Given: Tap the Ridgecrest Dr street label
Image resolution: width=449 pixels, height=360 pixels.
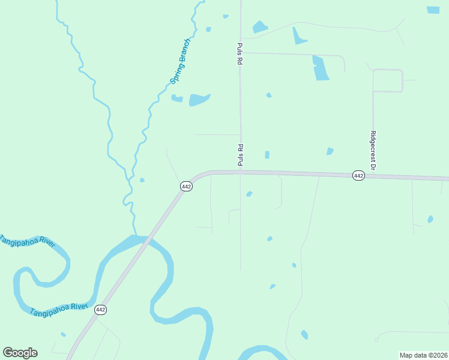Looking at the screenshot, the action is (x=373, y=150).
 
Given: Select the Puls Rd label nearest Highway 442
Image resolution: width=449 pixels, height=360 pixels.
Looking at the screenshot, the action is (x=240, y=155).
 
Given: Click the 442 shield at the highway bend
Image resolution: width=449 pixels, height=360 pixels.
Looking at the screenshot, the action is (x=186, y=187).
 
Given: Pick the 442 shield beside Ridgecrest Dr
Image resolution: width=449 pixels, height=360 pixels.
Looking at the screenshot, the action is (x=358, y=175).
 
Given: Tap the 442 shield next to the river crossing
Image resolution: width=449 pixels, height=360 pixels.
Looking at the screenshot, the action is (x=100, y=310).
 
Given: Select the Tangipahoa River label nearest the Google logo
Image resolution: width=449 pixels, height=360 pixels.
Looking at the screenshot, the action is (x=59, y=310).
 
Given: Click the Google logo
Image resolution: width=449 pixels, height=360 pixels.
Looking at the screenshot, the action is (x=20, y=353).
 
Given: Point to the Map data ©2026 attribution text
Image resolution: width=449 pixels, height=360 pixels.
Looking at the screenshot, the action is (x=423, y=355).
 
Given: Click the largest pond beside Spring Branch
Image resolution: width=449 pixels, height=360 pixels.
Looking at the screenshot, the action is (x=199, y=100).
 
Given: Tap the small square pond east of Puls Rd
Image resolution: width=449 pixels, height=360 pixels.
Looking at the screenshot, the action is (x=267, y=155).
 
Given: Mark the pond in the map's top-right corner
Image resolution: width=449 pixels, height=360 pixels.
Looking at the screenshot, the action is (x=433, y=10).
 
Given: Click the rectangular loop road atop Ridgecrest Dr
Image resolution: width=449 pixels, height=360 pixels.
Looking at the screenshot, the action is (x=387, y=80).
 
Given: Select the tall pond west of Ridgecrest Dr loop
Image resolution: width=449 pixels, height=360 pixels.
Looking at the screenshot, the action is (x=321, y=68).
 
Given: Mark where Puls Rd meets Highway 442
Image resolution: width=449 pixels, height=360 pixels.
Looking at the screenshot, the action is (x=241, y=172).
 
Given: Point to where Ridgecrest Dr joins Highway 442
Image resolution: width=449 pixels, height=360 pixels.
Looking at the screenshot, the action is (x=373, y=176).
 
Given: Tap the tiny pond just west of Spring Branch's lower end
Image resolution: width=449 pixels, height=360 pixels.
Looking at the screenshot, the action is (x=142, y=180).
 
